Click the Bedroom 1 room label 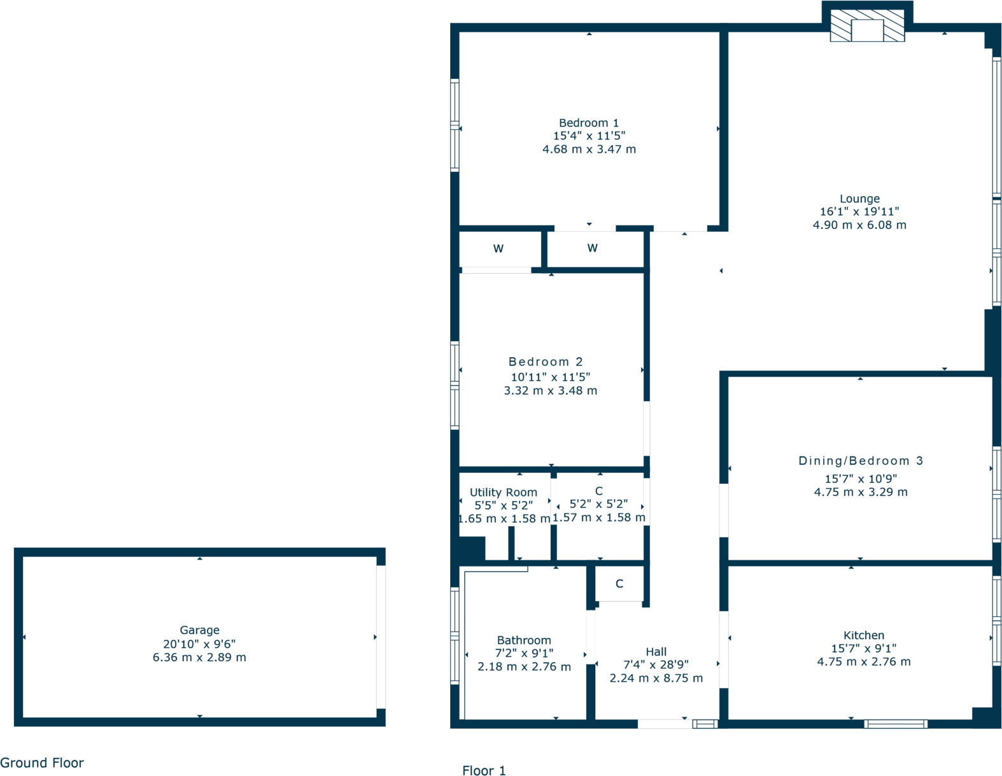pos(588,123)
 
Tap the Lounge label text pos(859,199)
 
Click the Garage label pos(199,630)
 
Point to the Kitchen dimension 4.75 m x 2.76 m pos(863,662)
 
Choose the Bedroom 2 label pos(546,362)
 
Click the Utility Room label pos(503,492)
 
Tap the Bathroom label pos(524,640)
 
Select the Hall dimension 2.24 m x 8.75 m pos(656,679)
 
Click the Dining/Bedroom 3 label pos(860,461)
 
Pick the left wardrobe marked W pos(498,249)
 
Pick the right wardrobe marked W pos(592,248)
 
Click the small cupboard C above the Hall pos(619,584)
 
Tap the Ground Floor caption pos(42,763)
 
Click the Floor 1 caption pos(484,771)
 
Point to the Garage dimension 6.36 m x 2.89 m pos(199,658)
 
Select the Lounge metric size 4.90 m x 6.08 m pos(859,225)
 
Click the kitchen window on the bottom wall pos(895,724)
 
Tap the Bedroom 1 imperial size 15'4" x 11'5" pos(589,136)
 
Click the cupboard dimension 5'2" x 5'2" pos(598,504)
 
